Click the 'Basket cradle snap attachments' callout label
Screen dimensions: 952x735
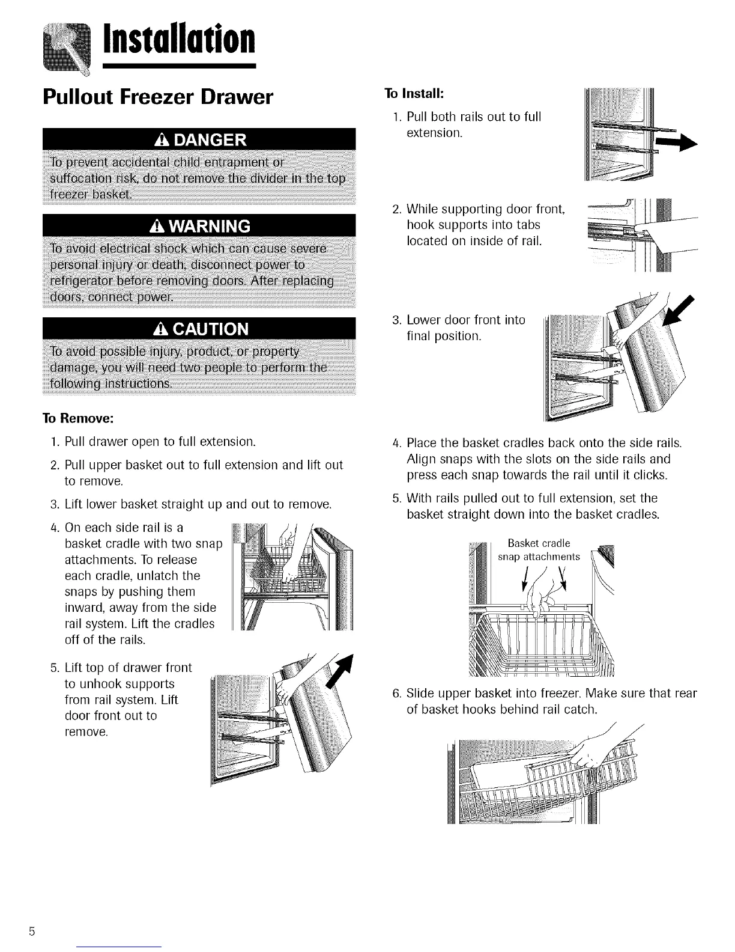tap(539, 551)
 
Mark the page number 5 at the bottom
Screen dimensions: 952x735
tap(30, 932)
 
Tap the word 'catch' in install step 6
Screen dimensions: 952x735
tap(581, 710)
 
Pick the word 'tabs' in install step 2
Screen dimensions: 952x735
tap(528, 225)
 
